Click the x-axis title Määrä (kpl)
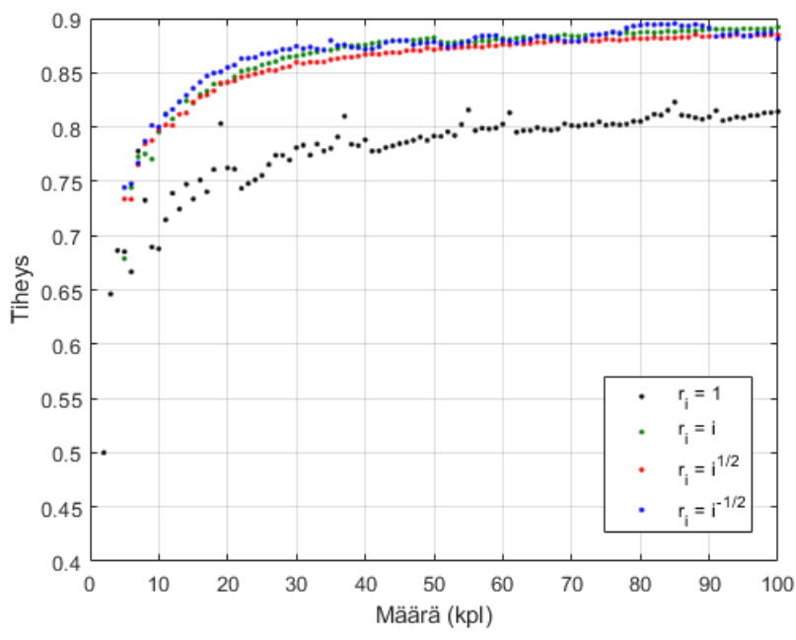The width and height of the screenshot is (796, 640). pyautogui.click(x=434, y=618)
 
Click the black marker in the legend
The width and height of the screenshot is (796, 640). pyautogui.click(x=641, y=395)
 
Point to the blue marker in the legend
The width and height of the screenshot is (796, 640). pyautogui.click(x=641, y=510)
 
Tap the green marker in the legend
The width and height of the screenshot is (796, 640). pyautogui.click(x=641, y=432)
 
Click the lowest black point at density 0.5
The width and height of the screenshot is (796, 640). pyautogui.click(x=104, y=453)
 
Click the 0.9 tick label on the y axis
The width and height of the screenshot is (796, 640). pyautogui.click(x=67, y=20)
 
